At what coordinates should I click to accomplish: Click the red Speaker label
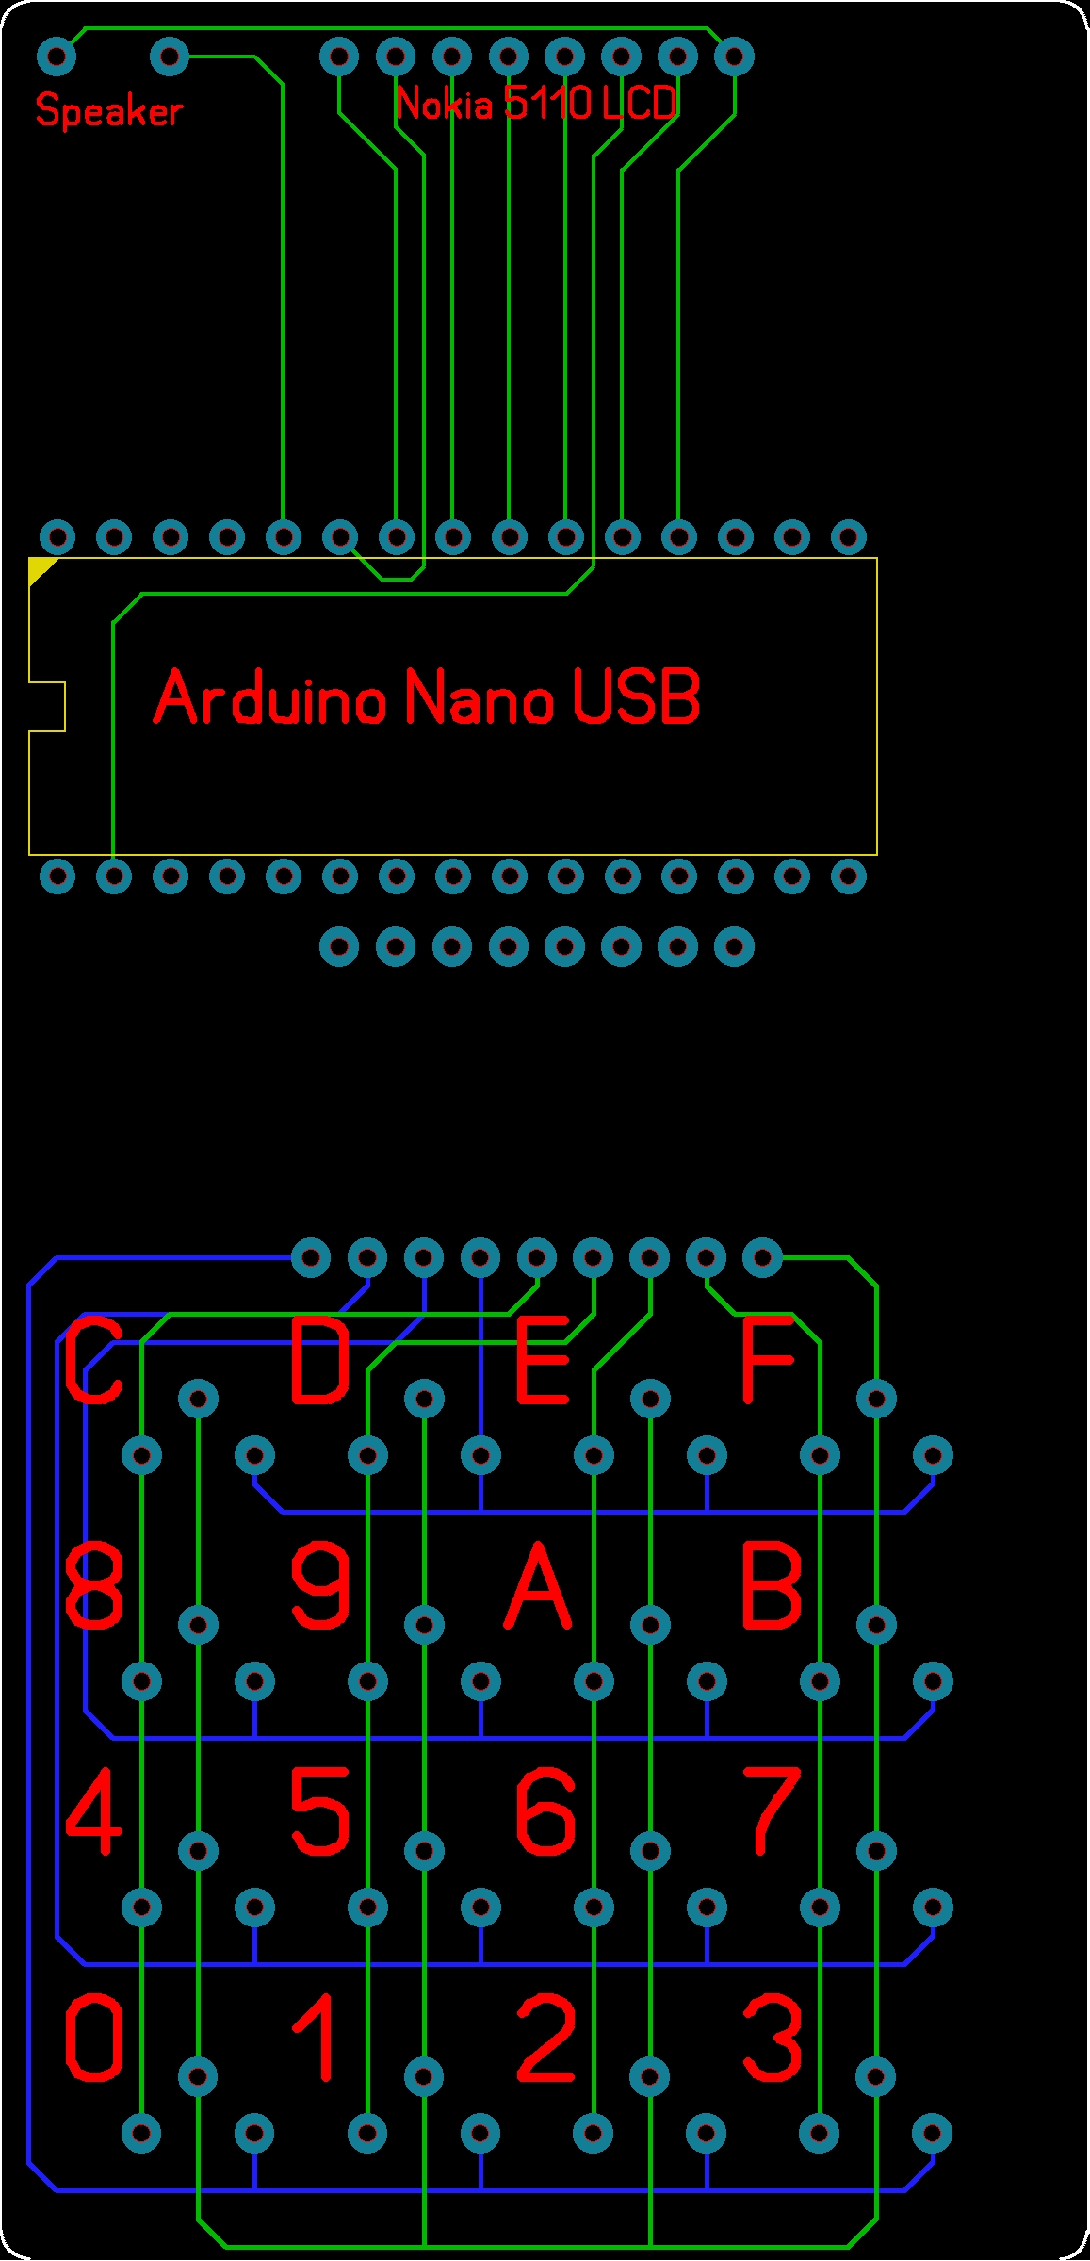(x=108, y=111)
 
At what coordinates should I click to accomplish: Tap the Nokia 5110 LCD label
(x=536, y=103)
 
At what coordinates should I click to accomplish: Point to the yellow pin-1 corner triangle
(x=40, y=567)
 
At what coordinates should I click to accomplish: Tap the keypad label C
(x=94, y=1361)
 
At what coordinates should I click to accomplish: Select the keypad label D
(x=319, y=1361)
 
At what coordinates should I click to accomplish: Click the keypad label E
(x=543, y=1361)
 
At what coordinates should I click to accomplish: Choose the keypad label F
(x=768, y=1361)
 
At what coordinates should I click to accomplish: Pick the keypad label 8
(x=94, y=1587)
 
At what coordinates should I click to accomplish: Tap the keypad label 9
(x=320, y=1587)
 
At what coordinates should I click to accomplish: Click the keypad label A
(x=538, y=1587)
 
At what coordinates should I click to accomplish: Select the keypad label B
(x=772, y=1587)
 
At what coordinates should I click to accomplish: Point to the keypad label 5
(x=319, y=1810)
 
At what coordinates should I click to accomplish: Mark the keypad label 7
(x=772, y=1810)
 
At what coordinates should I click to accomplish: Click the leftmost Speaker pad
(x=57, y=57)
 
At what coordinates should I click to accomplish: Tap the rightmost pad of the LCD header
(x=734, y=57)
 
